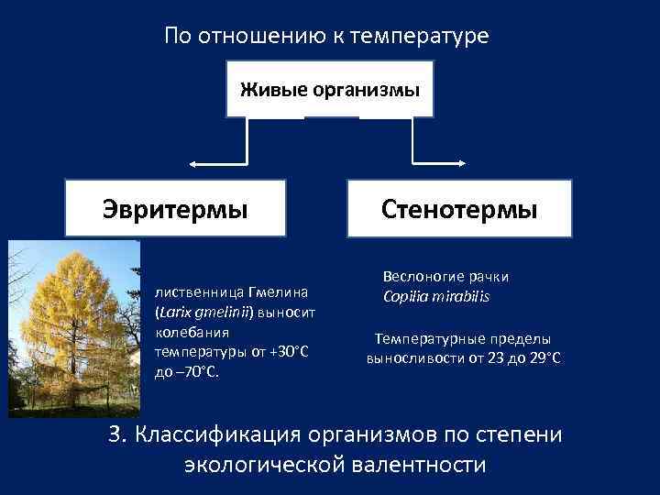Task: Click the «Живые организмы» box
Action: tap(330, 90)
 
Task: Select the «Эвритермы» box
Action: tap(174, 209)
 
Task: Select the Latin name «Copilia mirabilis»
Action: tap(436, 297)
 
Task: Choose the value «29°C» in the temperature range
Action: tap(543, 357)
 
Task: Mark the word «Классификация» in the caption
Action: tap(224, 434)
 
